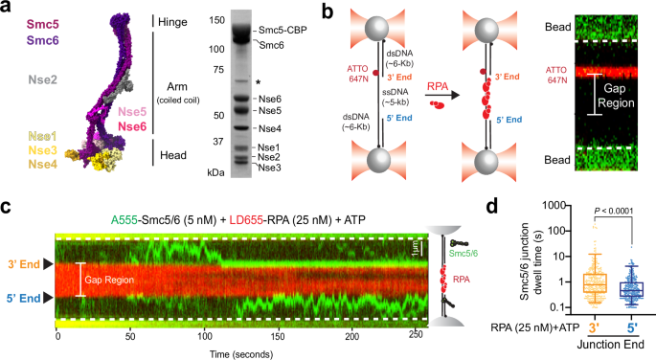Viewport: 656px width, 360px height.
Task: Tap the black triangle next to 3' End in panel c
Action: [x=47, y=262]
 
